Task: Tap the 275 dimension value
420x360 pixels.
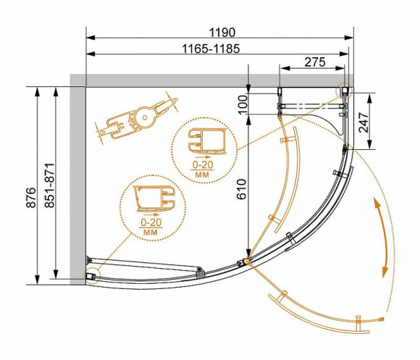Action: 312,62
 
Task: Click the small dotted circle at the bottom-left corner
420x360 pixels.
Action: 92,277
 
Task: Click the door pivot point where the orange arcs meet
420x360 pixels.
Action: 247,261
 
